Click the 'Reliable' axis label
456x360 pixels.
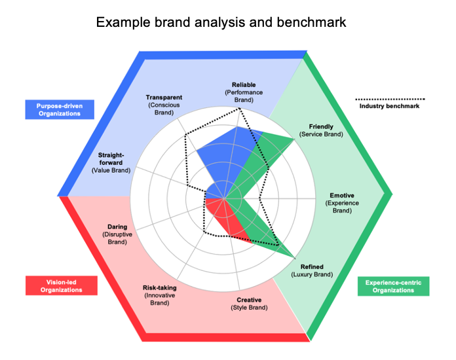click(244, 85)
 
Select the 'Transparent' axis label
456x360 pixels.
click(164, 98)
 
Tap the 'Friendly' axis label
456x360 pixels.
click(321, 126)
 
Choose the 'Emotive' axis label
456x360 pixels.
click(342, 195)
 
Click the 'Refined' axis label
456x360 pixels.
click(312, 267)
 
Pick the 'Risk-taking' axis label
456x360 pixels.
click(160, 288)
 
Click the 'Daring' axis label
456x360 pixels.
click(117, 228)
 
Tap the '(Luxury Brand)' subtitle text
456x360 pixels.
click(312, 275)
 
